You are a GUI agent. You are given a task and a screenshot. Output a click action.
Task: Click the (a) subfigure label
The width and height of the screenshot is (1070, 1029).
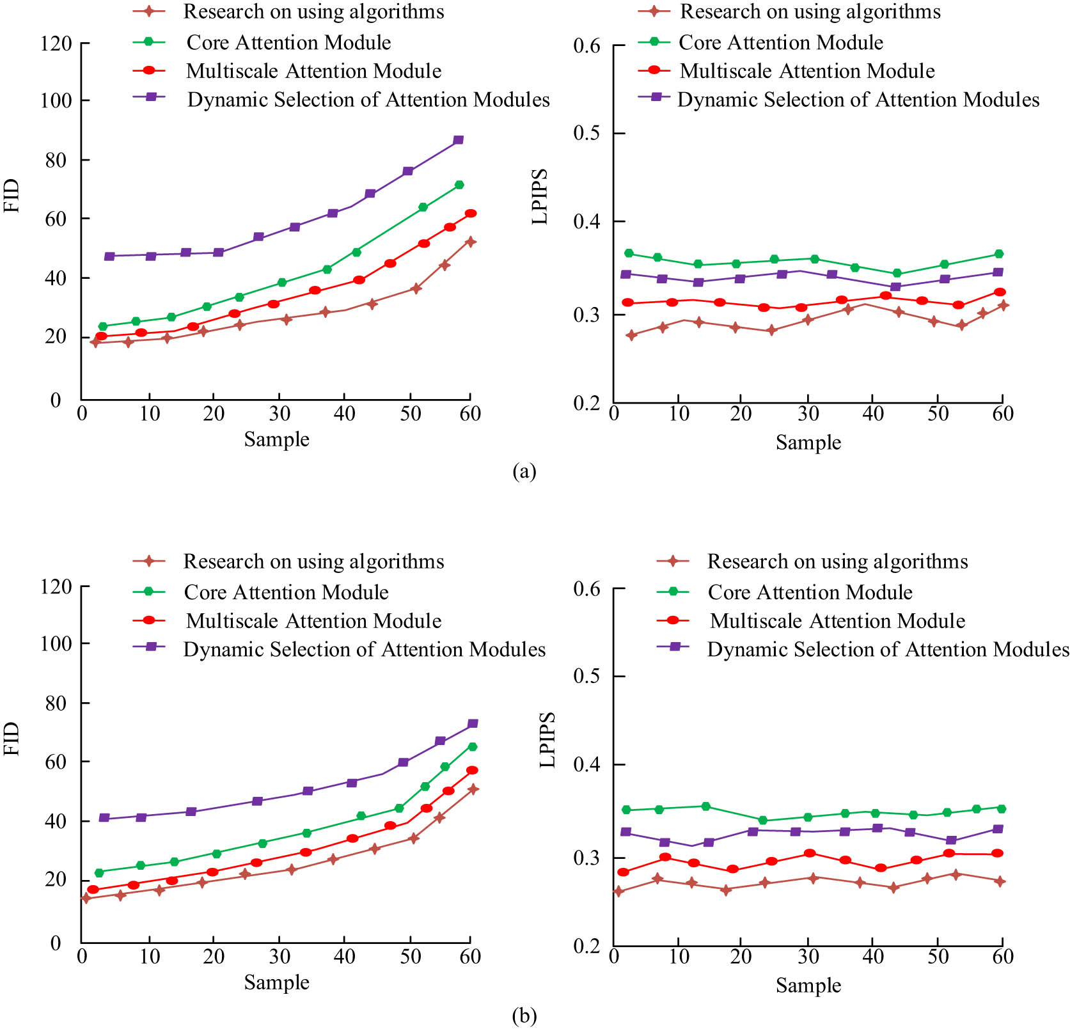point(524,472)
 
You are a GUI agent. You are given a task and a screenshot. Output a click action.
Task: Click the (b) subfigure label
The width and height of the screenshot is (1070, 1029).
point(524,1016)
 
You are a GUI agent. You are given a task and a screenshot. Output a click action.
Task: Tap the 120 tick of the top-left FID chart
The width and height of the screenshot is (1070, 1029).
point(56,43)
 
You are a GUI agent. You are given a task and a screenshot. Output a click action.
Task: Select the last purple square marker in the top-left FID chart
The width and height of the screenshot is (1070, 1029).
point(458,140)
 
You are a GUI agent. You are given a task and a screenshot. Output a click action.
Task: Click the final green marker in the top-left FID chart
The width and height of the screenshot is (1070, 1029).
point(459,185)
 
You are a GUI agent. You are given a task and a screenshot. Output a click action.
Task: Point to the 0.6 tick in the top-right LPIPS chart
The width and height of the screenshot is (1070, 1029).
point(586,45)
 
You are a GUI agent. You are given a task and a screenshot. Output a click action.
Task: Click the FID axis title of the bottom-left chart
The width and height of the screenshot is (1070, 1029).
point(12,739)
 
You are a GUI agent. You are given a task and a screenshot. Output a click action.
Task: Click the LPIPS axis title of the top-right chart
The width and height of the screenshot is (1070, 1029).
point(540,196)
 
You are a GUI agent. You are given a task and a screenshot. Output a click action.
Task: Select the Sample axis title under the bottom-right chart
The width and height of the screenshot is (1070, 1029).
point(808,986)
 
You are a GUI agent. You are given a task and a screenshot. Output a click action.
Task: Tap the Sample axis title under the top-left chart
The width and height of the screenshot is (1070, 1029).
point(276,439)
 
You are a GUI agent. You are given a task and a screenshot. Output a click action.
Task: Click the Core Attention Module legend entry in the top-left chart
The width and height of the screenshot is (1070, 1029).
point(288,42)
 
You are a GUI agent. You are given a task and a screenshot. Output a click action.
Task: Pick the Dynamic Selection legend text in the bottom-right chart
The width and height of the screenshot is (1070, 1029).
point(888,650)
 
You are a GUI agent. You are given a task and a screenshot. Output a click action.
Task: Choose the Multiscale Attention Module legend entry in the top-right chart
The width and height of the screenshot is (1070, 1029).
point(806,70)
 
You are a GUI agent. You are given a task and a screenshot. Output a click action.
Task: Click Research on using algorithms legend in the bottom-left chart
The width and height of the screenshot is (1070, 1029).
point(313,562)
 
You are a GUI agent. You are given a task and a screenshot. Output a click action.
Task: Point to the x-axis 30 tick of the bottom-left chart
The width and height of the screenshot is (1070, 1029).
point(279,957)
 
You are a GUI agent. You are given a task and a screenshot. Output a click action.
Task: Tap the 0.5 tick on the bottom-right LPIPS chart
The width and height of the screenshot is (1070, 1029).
point(586,676)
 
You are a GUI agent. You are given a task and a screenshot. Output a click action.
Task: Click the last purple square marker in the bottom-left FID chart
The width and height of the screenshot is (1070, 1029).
point(473,724)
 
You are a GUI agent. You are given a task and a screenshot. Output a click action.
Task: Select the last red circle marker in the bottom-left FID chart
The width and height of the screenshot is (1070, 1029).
point(472,771)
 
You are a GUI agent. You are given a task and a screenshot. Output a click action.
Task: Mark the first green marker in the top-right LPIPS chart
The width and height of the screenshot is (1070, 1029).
point(629,253)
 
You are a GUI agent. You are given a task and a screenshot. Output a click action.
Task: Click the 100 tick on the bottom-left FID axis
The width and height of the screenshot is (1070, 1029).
point(56,643)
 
